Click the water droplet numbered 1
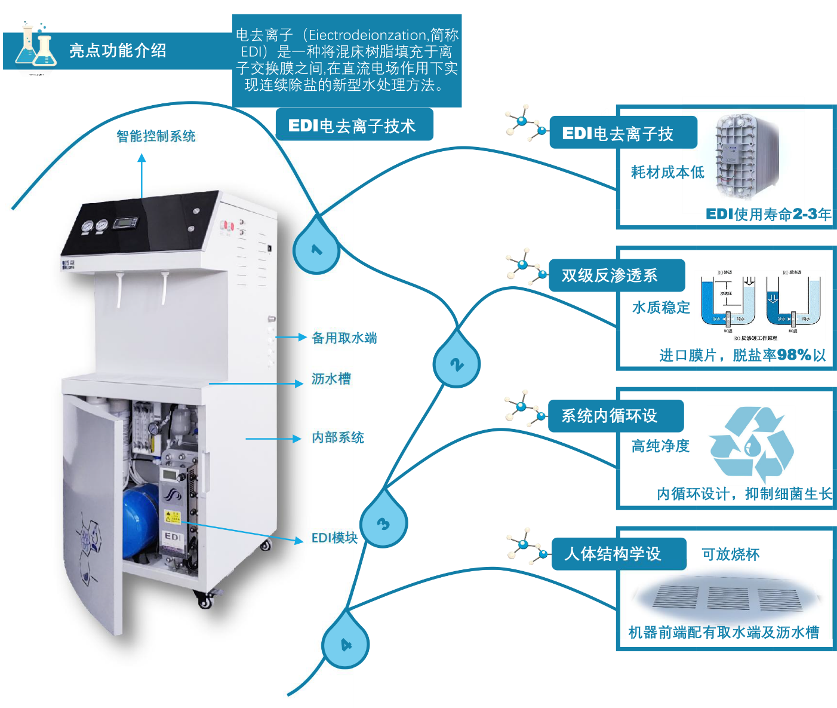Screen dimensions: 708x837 pyautogui.click(x=316, y=249)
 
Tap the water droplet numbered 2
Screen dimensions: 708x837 pyautogui.click(x=457, y=363)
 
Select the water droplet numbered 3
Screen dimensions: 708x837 pyautogui.click(x=384, y=522)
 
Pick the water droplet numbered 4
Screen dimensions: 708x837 pyautogui.click(x=346, y=643)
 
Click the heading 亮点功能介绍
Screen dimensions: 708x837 pyautogui.click(x=118, y=51)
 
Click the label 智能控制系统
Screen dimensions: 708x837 pyautogui.click(x=156, y=136)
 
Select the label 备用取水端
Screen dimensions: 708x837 pyautogui.click(x=344, y=338)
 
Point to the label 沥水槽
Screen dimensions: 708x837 pyautogui.click(x=331, y=379)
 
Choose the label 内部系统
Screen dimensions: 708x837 pyautogui.click(x=338, y=437)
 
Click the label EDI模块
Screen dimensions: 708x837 pyautogui.click(x=334, y=538)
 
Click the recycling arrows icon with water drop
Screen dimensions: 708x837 pyautogui.click(x=751, y=445)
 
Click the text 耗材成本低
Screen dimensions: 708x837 pyautogui.click(x=667, y=172)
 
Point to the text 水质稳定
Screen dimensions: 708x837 pyautogui.click(x=661, y=308)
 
